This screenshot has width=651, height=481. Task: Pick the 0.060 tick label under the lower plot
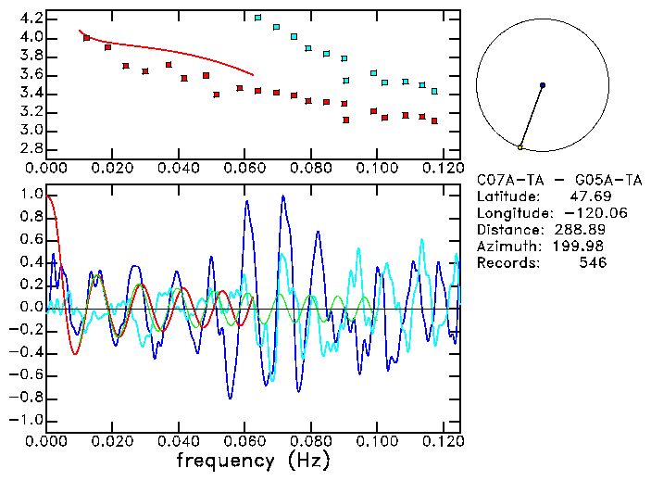coord(244,440)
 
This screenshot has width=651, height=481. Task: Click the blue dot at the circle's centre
coord(542,85)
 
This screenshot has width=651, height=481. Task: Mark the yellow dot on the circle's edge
coord(520,146)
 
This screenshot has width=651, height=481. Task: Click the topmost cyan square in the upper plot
coord(257,18)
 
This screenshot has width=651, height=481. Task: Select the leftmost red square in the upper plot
coord(87,38)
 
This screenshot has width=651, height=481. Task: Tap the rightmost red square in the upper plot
coord(434,121)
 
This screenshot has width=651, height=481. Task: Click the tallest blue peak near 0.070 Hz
coord(282,196)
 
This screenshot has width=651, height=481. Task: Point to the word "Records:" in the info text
coord(507,263)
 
